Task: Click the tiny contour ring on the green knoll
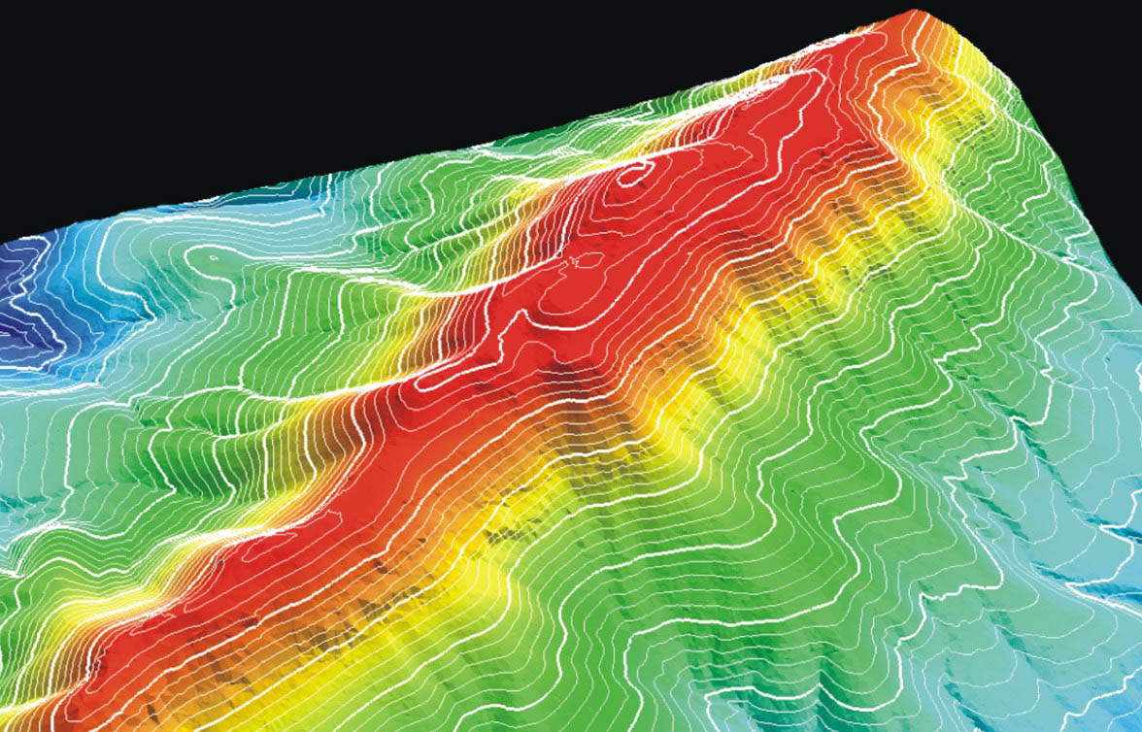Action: (x=214, y=259)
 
